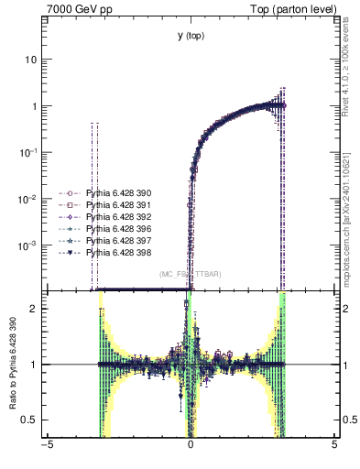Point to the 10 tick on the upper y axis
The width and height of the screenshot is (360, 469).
coord(31,60)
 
